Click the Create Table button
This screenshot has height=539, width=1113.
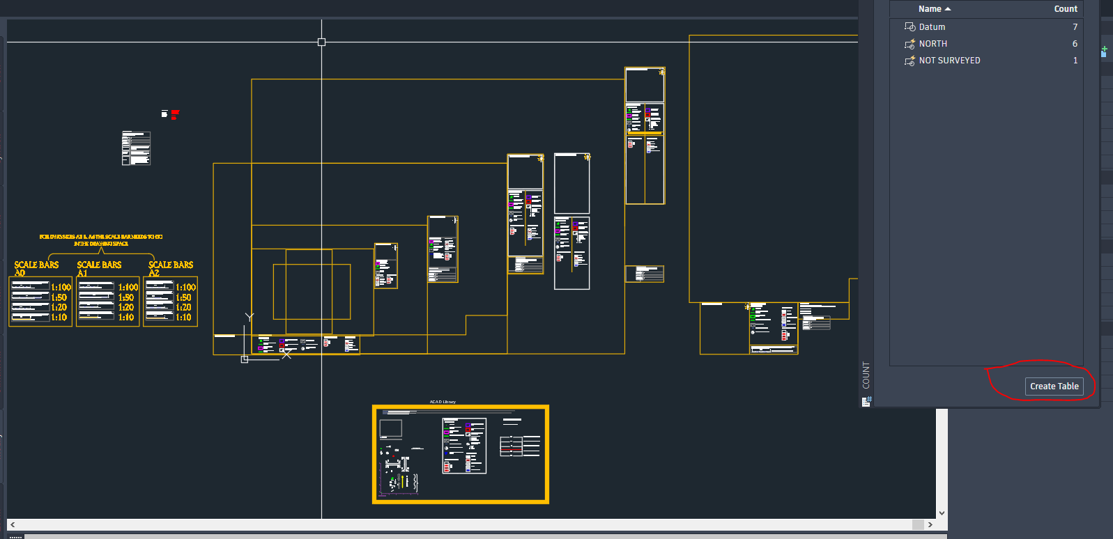click(1054, 386)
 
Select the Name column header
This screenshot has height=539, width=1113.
click(930, 9)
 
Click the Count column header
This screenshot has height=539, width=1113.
click(1065, 9)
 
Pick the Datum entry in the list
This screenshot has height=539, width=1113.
click(932, 27)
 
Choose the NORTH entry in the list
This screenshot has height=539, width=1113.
click(932, 44)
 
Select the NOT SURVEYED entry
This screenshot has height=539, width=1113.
click(949, 61)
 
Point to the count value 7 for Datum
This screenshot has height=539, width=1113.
click(1075, 27)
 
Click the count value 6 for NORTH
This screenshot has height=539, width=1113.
click(1075, 44)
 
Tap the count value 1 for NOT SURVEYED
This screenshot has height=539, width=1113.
click(1075, 61)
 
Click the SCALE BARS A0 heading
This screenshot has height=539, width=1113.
click(36, 265)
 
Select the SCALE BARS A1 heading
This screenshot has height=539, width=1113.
click(99, 265)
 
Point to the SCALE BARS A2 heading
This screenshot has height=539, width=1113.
click(171, 265)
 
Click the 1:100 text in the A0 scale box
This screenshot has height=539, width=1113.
click(61, 288)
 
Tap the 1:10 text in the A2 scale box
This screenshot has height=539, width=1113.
click(183, 318)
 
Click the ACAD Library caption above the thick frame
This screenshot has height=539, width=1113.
click(443, 402)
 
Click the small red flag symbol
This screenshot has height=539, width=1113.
click(175, 114)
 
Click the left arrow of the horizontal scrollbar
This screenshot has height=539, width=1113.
click(13, 524)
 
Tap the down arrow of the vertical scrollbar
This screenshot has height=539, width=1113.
click(942, 513)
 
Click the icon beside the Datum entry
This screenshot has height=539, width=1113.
click(909, 27)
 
